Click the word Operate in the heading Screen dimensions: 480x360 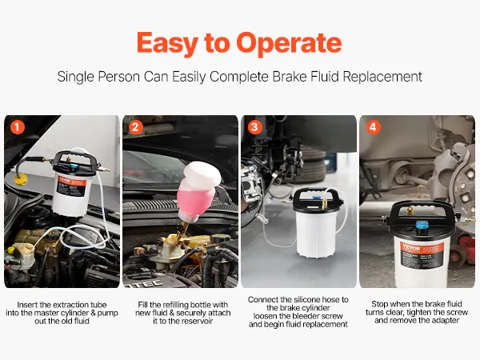click(x=289, y=42)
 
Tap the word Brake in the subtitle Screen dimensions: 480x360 click(x=290, y=77)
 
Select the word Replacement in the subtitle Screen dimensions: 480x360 click(x=382, y=77)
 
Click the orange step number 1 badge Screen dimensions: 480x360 click(x=17, y=127)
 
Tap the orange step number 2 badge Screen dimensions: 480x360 click(x=136, y=127)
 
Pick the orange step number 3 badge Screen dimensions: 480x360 click(x=254, y=127)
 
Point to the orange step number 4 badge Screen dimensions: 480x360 click(x=373, y=127)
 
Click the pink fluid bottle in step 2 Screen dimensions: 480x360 click(x=198, y=196)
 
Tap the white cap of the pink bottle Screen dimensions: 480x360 click(x=203, y=174)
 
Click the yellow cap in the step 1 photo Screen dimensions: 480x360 click(x=21, y=180)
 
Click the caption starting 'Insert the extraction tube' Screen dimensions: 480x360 click(x=62, y=313)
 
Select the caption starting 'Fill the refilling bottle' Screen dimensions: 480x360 click(x=183, y=313)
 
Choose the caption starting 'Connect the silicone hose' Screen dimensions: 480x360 click(x=298, y=312)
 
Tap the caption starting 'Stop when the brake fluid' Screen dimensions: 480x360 click(x=417, y=312)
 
